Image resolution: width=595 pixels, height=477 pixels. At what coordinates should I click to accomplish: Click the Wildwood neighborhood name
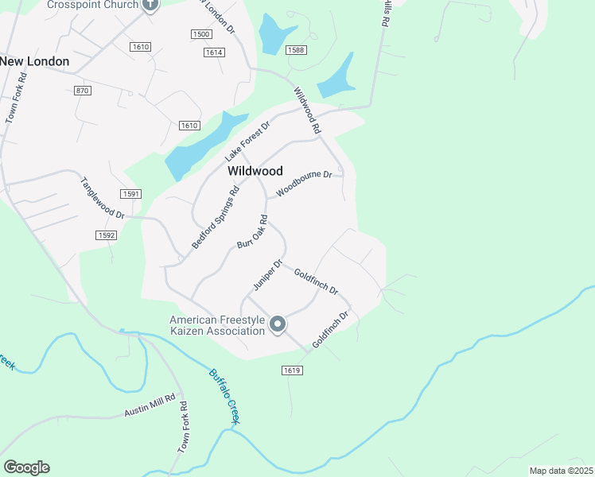(x=255, y=170)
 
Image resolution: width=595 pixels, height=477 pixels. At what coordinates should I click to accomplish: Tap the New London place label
(x=35, y=61)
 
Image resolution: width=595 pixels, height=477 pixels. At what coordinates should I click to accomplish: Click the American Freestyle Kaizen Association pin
(x=278, y=324)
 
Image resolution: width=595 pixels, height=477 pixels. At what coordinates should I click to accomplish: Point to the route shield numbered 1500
(x=201, y=34)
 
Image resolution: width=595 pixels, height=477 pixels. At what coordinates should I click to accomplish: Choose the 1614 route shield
(x=213, y=52)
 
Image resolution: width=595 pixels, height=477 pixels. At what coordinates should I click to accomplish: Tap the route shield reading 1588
(x=297, y=50)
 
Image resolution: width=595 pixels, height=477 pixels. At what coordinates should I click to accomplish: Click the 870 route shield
(x=82, y=91)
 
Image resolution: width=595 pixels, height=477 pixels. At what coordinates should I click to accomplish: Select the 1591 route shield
(x=131, y=194)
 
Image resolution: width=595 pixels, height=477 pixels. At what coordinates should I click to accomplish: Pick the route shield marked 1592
(x=106, y=235)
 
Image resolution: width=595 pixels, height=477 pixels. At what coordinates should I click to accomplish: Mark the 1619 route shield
(x=292, y=370)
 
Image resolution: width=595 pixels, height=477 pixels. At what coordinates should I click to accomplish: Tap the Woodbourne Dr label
(x=303, y=184)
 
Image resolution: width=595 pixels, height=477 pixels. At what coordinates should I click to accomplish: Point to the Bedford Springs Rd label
(x=215, y=218)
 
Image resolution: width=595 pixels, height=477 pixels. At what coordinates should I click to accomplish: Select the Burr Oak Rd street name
(x=251, y=231)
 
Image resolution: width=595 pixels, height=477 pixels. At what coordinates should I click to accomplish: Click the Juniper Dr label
(x=268, y=274)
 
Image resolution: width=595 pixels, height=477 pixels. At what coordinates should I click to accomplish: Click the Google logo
(x=26, y=467)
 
